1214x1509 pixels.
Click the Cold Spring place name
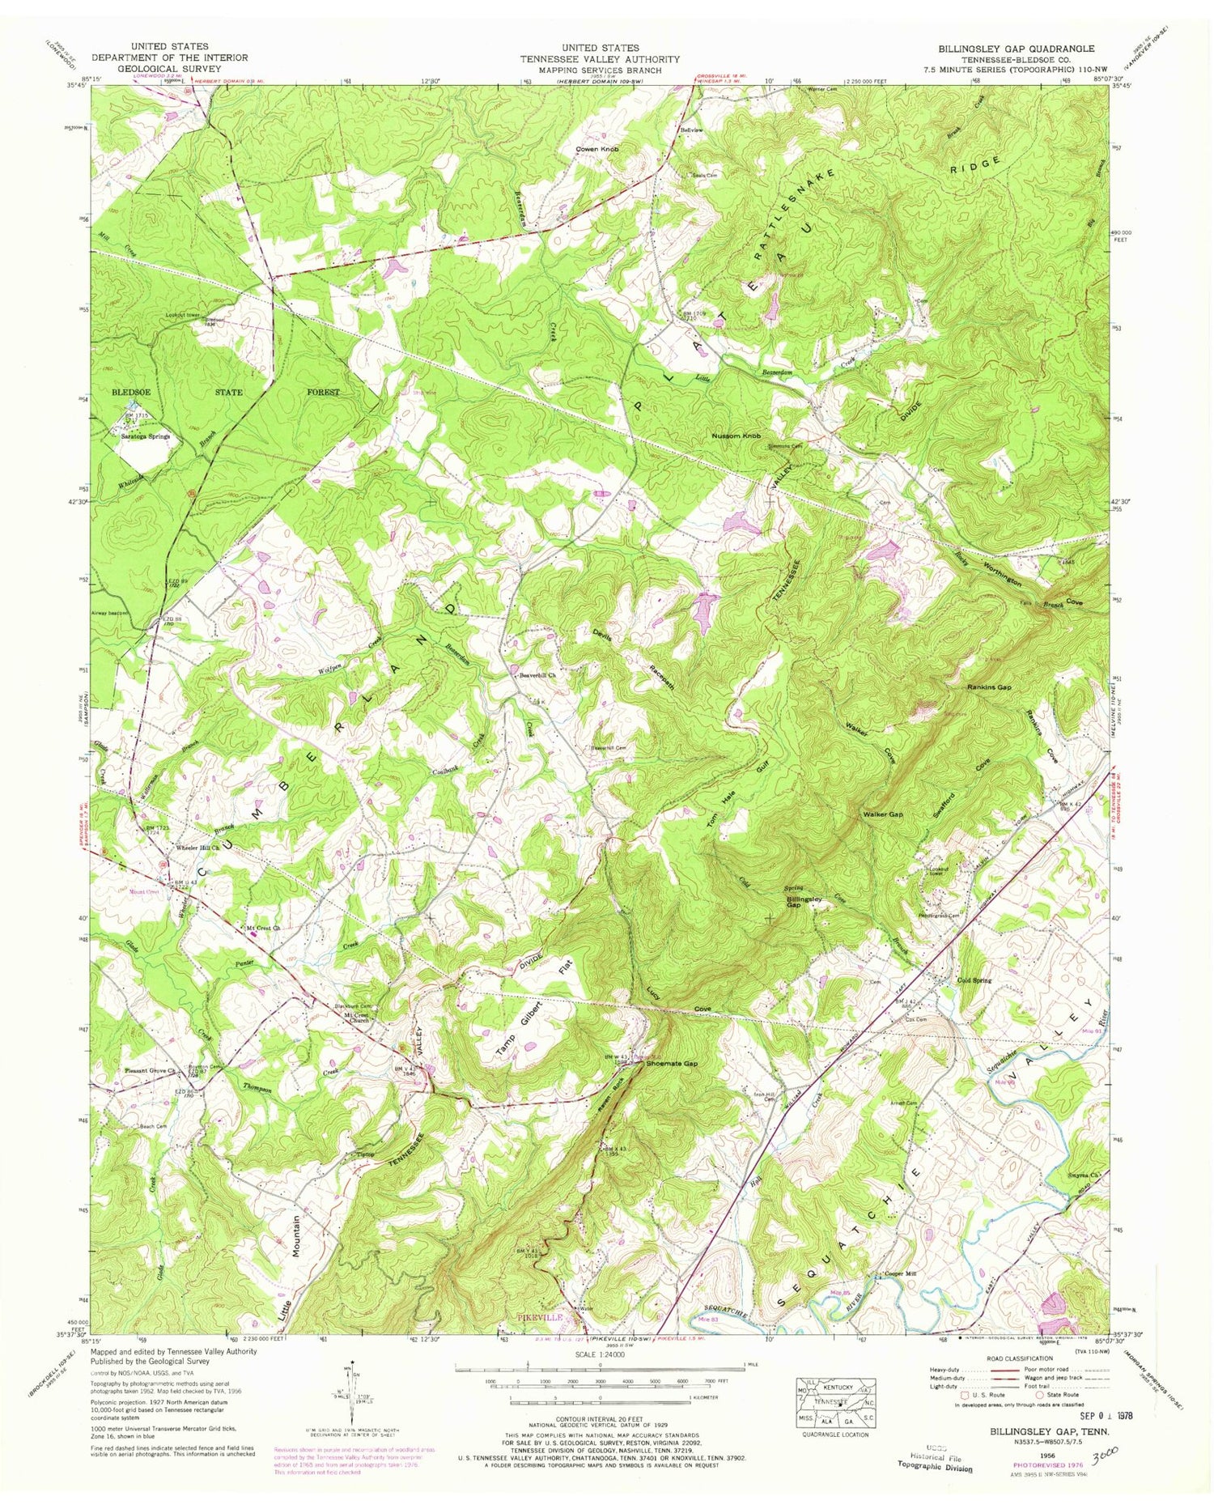tap(974, 980)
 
